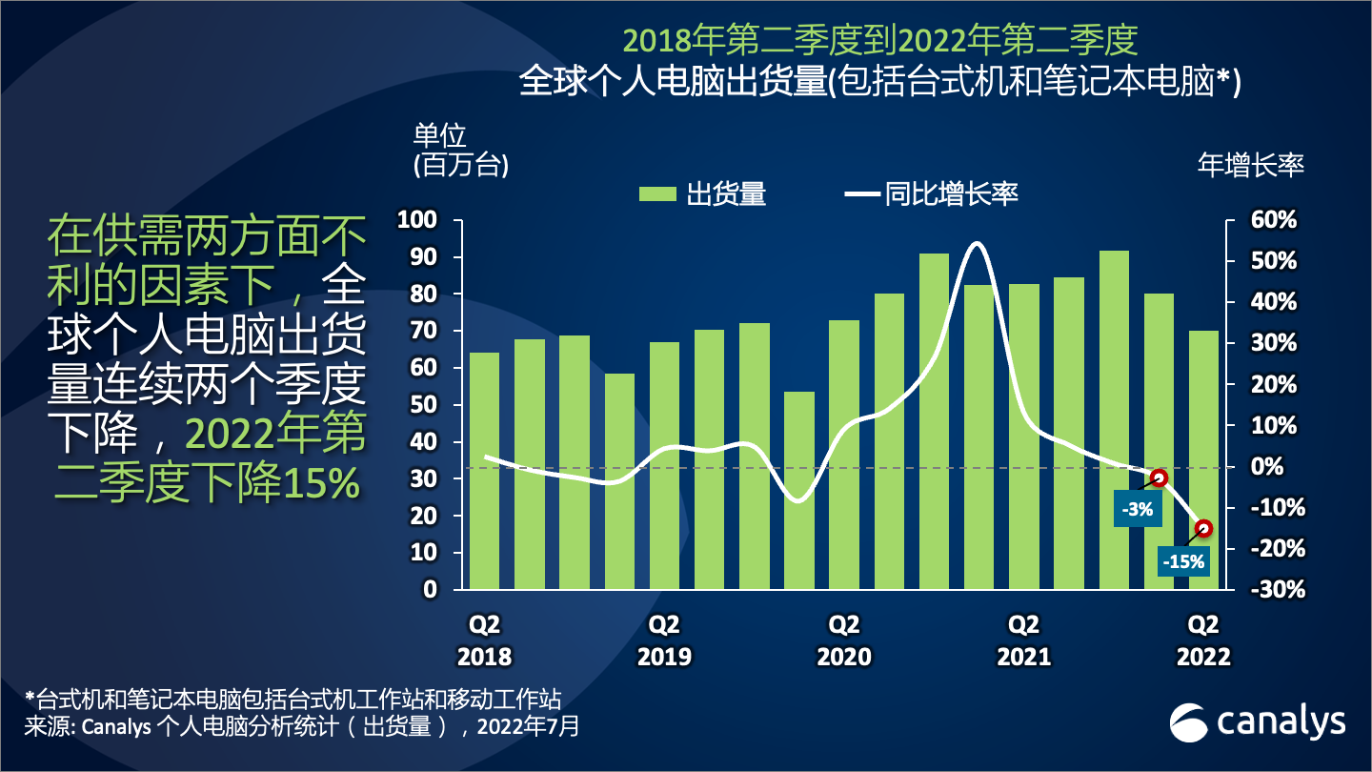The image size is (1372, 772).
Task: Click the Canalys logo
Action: [1258, 723]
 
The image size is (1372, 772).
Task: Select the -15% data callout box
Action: [1183, 561]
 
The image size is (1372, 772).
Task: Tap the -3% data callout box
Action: [1138, 510]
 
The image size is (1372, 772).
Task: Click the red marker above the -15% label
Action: [1203, 528]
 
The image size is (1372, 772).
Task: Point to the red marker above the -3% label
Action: [1159, 477]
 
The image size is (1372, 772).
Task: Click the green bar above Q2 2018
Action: [485, 471]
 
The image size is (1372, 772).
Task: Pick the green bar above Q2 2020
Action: [844, 455]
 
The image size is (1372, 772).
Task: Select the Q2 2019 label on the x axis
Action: [664, 640]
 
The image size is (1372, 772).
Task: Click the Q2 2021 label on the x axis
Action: [1023, 640]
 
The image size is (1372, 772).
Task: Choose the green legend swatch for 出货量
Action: [656, 194]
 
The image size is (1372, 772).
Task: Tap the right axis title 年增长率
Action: [1250, 165]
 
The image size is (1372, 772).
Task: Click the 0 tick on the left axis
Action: [430, 589]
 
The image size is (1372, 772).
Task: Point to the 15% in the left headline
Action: [320, 485]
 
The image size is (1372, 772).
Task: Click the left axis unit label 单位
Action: [440, 133]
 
